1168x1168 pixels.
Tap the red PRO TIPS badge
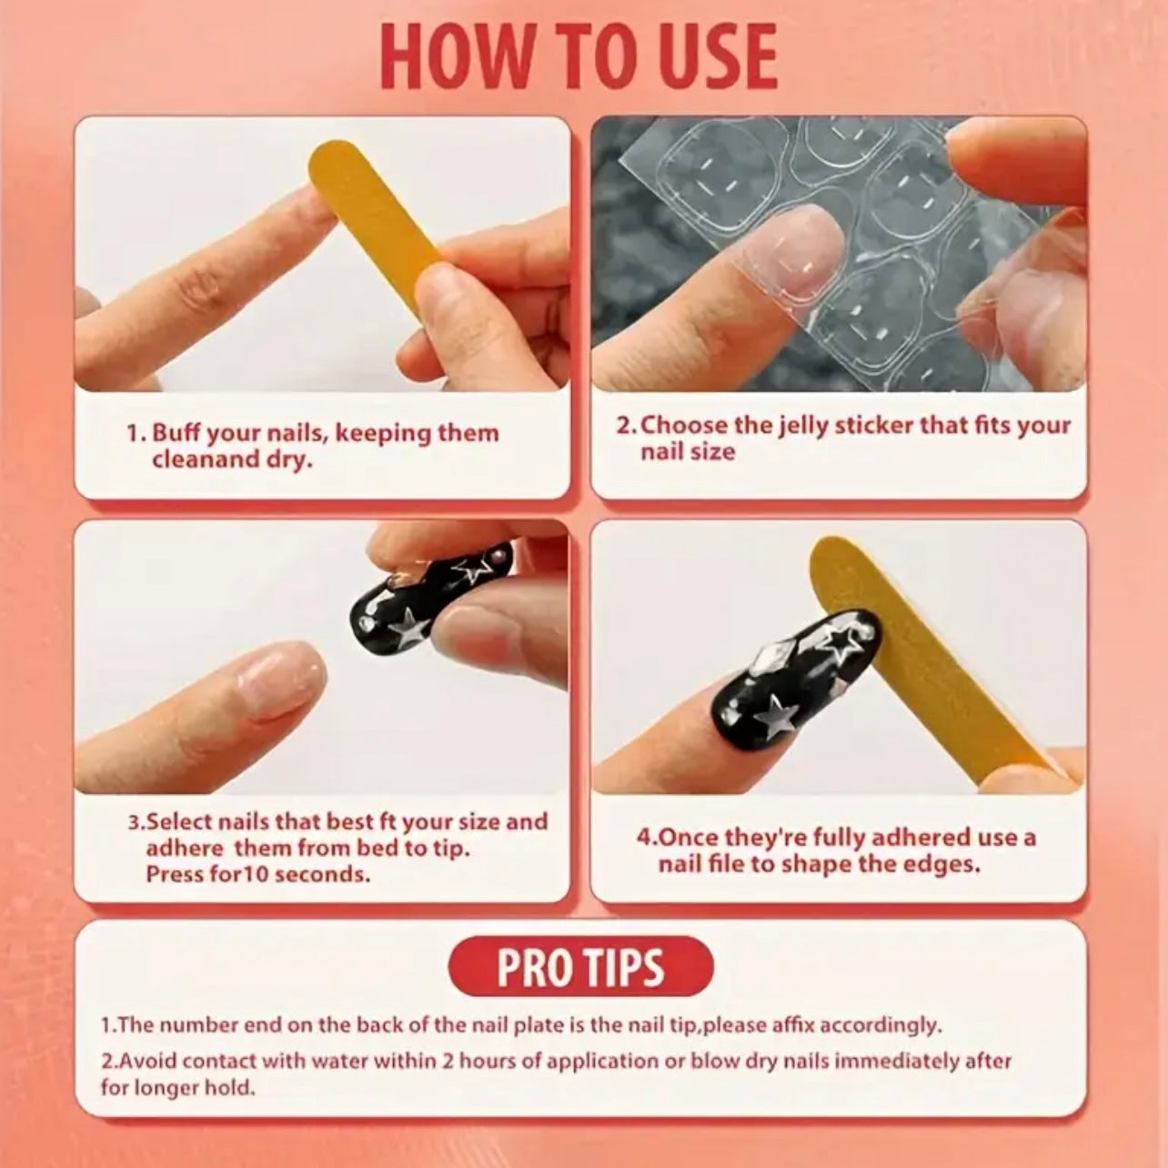(580, 967)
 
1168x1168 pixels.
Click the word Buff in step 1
(176, 433)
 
